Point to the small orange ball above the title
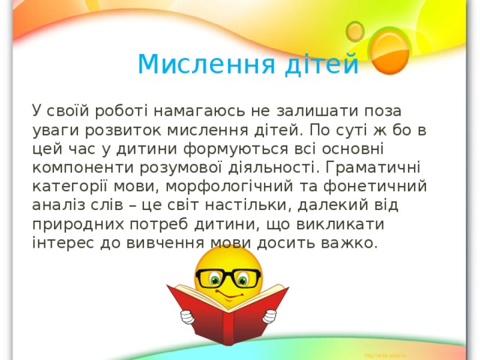[x=355, y=30]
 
